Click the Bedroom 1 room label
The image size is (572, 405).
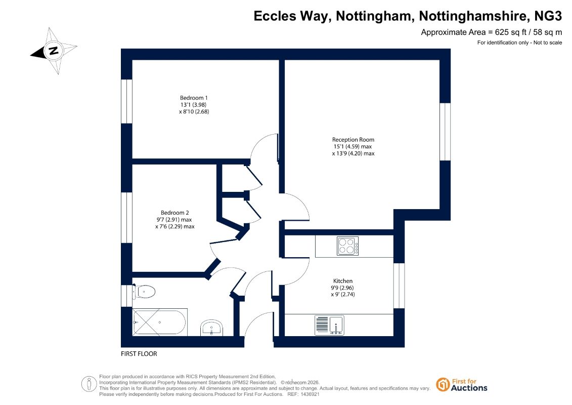[194, 98]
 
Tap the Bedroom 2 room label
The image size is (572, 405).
[175, 213]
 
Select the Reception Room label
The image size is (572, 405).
[353, 140]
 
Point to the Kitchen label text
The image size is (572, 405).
[343, 281]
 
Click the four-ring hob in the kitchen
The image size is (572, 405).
[347, 246]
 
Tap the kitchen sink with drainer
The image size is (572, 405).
[329, 325]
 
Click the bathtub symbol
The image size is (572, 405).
[160, 322]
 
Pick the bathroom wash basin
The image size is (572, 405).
[211, 328]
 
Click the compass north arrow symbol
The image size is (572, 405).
[53, 51]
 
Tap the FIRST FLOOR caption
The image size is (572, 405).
[139, 354]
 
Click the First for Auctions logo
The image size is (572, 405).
[462, 385]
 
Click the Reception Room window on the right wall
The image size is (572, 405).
[445, 132]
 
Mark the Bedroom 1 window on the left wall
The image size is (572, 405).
[126, 101]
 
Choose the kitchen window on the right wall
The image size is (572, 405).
[399, 286]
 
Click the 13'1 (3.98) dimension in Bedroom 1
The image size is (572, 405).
[193, 105]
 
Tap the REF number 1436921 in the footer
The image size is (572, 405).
[309, 394]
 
